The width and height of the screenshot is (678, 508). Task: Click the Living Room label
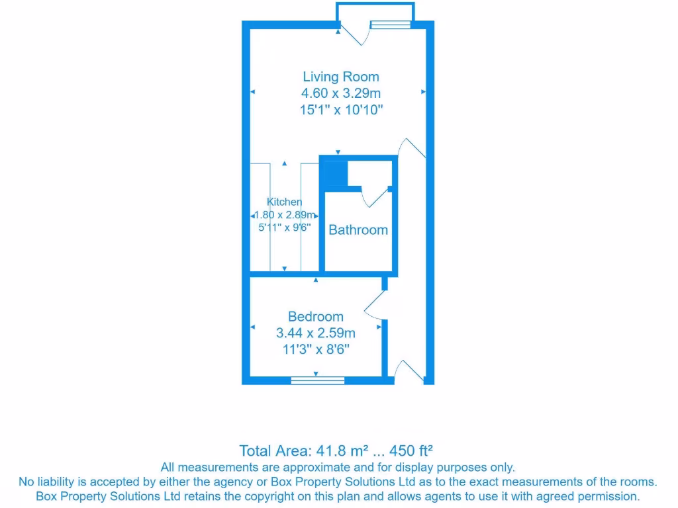tap(341, 77)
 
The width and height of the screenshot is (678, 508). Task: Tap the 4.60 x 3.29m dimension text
tap(341, 93)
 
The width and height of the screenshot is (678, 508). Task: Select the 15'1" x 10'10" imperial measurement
tap(341, 110)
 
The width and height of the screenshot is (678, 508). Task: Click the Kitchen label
tap(285, 202)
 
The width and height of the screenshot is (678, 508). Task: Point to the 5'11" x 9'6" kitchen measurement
tap(285, 227)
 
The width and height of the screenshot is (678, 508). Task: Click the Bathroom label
tap(358, 230)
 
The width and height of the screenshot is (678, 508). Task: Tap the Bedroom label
tap(315, 317)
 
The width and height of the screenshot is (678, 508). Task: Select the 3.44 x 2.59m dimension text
tap(315, 333)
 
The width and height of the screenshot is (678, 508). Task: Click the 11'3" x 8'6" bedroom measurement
tap(315, 349)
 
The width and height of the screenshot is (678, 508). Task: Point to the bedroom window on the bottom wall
tap(318, 380)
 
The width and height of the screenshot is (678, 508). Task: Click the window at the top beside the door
tap(390, 25)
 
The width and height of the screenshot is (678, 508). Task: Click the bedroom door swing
tap(375, 303)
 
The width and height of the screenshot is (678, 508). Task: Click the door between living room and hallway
tap(413, 149)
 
